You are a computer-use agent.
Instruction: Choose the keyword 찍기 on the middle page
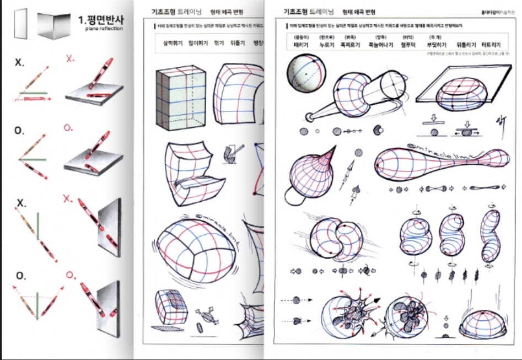[219, 42]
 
